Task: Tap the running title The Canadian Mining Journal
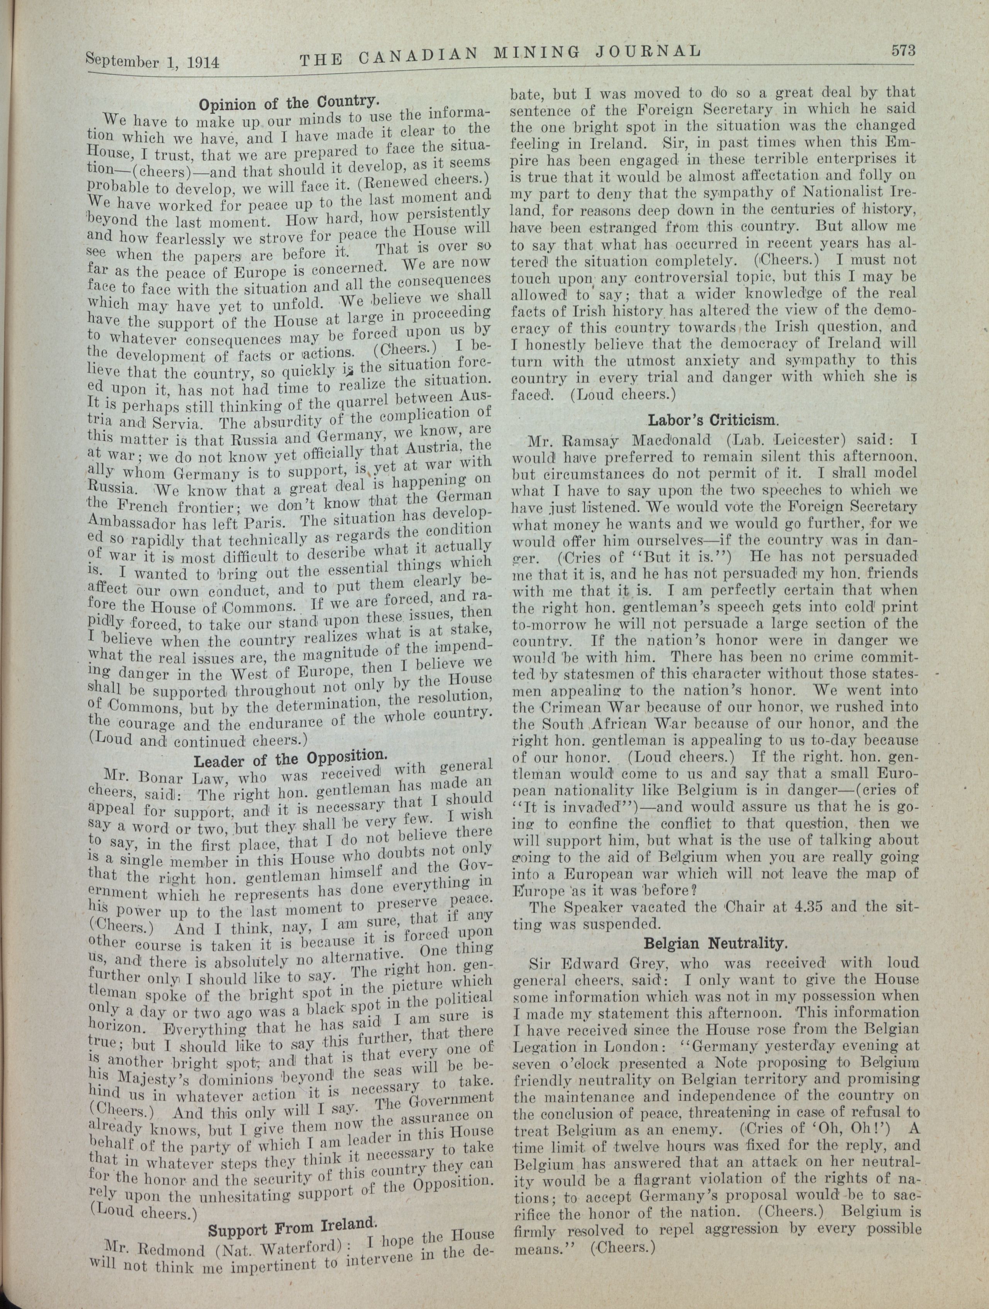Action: point(500,54)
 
